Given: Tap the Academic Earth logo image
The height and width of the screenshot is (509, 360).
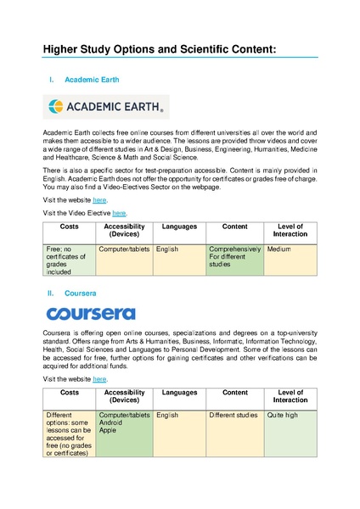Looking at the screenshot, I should [x=106, y=106].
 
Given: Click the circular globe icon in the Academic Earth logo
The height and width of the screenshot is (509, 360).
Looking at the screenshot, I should [x=57, y=106].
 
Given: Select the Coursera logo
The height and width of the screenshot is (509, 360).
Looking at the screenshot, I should [x=91, y=314].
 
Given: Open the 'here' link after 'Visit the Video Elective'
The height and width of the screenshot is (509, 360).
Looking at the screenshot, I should [x=120, y=213].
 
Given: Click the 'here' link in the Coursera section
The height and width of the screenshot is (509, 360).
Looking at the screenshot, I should [x=99, y=378].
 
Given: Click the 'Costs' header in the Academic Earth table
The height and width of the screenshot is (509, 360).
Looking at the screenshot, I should [x=69, y=227].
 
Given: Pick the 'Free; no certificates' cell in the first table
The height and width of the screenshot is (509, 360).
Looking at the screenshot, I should [x=69, y=260].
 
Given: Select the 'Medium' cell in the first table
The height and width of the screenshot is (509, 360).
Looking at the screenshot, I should [x=290, y=260].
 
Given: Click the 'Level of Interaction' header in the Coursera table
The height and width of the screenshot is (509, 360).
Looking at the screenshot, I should [x=290, y=397].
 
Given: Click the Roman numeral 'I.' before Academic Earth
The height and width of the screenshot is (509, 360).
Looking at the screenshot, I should [x=53, y=80].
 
